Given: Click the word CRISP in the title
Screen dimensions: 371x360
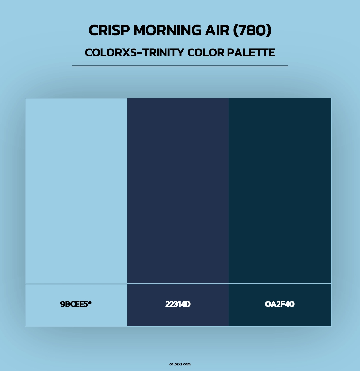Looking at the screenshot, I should pos(109,30).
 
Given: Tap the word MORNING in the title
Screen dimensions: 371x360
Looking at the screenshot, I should pos(167,30).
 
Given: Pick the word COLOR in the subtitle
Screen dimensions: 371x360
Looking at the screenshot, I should pos(206,53).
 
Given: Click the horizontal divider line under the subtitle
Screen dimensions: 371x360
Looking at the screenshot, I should pos(180,66).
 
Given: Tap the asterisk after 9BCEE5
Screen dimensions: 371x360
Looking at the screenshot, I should pos(90,303).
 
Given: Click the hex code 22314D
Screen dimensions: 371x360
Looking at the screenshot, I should pos(178,304).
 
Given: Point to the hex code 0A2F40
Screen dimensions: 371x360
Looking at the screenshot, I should pos(280,304).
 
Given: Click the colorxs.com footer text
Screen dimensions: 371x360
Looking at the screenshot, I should pos(180,364).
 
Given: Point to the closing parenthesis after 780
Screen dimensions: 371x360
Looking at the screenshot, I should pos(269,30).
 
